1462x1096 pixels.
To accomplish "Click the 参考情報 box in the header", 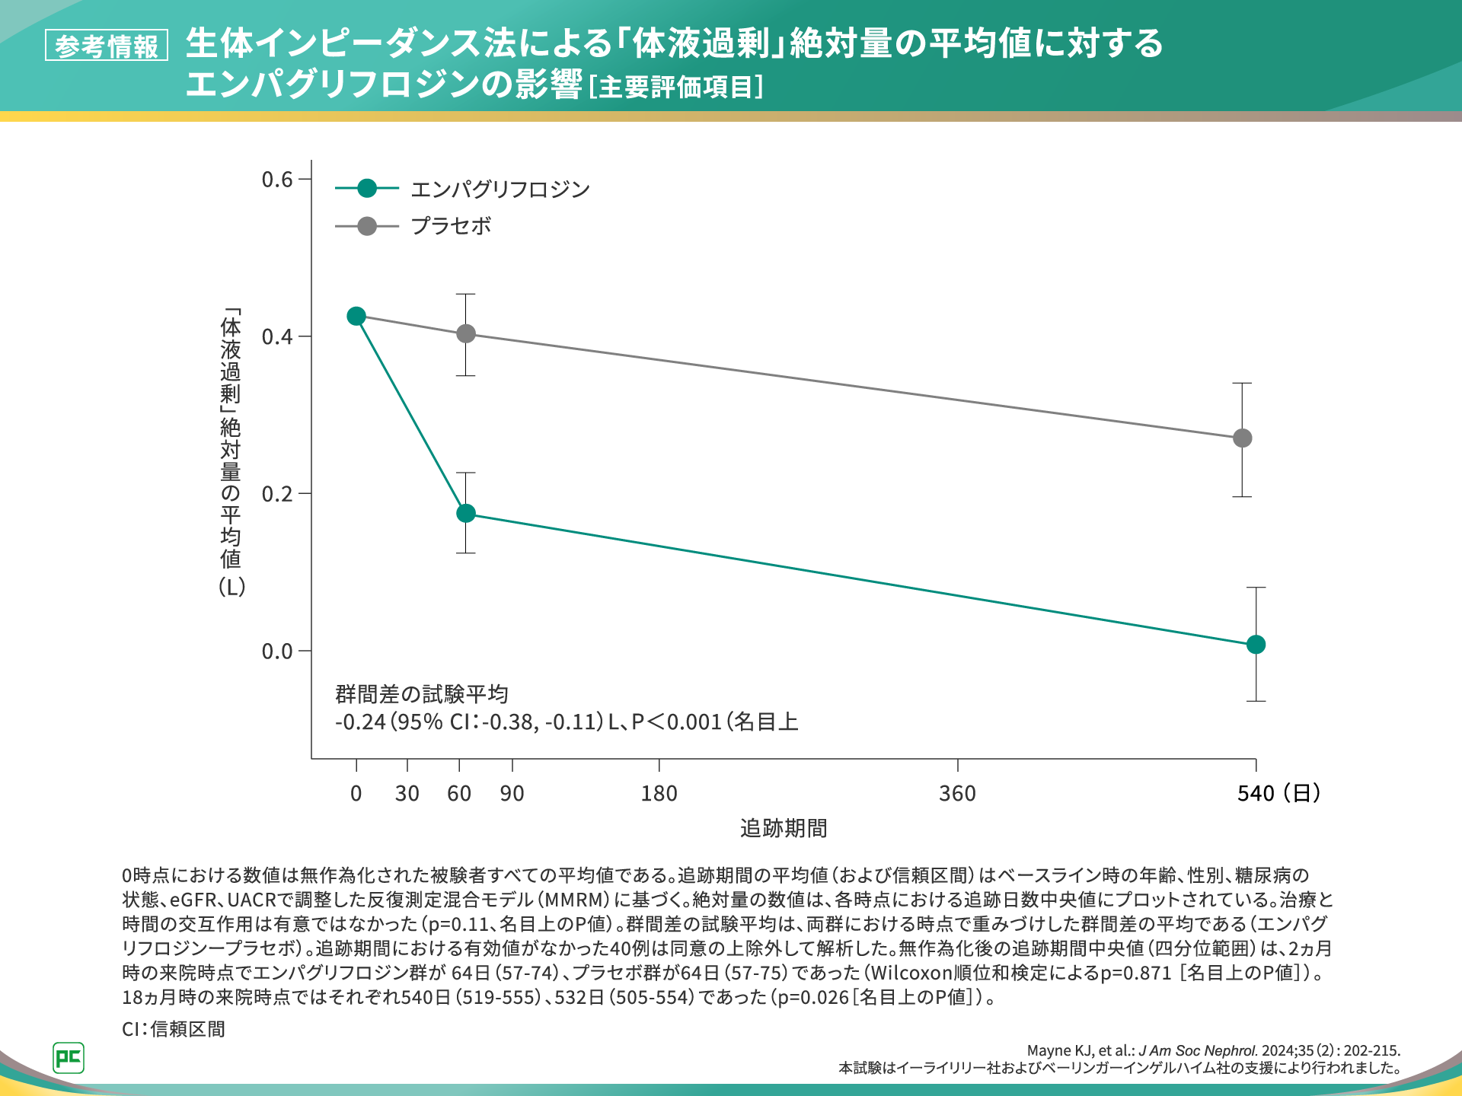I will [x=107, y=46].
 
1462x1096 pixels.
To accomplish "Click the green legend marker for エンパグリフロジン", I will [x=367, y=188].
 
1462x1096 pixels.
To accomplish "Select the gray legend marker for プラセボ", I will [x=367, y=226].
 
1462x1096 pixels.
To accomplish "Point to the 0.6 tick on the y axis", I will [x=277, y=180].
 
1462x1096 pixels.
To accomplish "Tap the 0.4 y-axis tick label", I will [x=277, y=336].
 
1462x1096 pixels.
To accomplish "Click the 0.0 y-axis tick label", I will [x=277, y=652].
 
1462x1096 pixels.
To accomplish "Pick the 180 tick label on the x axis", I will [x=659, y=794].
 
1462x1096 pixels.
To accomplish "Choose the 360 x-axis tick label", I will [x=957, y=794].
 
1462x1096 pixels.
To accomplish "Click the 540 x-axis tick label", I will [x=1256, y=794].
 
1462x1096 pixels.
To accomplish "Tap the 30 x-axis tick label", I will [x=407, y=794].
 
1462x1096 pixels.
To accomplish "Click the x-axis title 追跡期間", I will [x=784, y=828].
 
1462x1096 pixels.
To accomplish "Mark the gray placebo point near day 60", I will [x=466, y=333].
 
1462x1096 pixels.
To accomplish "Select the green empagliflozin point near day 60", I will [x=466, y=513].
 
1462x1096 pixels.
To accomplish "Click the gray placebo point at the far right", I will [x=1242, y=438].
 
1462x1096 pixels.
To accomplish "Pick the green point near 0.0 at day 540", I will [x=1256, y=645].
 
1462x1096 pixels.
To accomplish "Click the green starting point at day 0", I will [x=356, y=316].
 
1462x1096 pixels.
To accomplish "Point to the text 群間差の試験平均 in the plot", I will [x=422, y=694].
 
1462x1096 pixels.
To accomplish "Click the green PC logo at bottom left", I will [x=69, y=1058].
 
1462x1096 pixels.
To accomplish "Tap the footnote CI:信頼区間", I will [x=174, y=1029].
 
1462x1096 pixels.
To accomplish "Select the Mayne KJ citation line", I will [x=1213, y=1051].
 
